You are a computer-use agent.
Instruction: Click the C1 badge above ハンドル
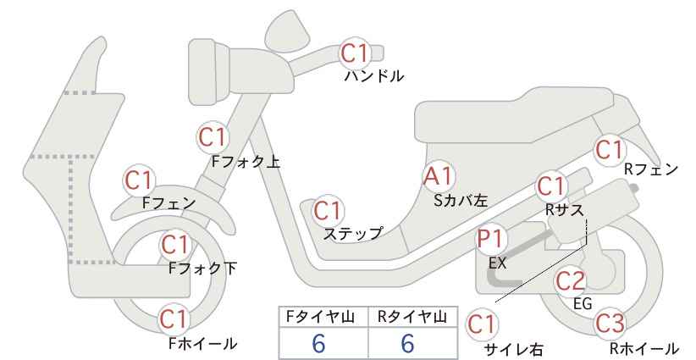[355, 53]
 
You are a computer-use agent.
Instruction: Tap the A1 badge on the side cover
[438, 176]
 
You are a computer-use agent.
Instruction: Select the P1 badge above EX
[491, 238]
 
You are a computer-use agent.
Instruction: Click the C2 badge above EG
[571, 281]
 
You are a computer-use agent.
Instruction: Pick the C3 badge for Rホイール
[610, 324]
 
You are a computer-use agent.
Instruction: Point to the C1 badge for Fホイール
[175, 319]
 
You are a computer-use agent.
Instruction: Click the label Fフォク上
[246, 162]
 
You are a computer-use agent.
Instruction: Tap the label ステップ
[353, 233]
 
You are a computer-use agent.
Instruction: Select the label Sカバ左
[461, 201]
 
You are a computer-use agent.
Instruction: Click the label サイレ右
[513, 349]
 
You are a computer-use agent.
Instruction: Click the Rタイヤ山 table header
[412, 317]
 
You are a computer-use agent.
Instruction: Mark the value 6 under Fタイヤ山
[318, 343]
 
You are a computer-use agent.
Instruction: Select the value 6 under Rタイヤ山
[407, 343]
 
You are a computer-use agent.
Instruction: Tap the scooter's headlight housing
[209, 71]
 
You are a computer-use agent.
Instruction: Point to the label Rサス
[564, 209]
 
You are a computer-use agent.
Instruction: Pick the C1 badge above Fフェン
[139, 180]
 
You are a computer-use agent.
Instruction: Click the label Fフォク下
[203, 269]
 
